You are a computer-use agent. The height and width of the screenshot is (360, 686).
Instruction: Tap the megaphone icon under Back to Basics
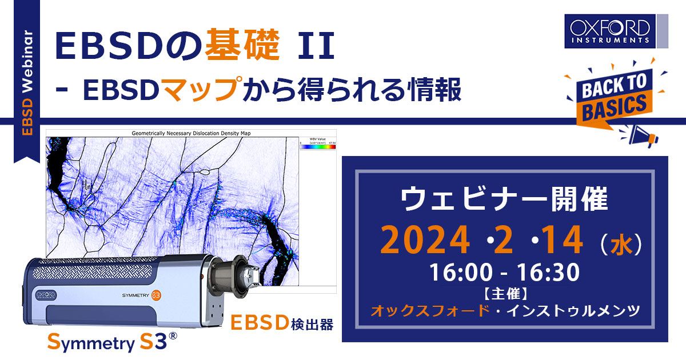pos(643,135)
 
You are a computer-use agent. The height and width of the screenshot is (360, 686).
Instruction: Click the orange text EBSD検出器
pos(281,323)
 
